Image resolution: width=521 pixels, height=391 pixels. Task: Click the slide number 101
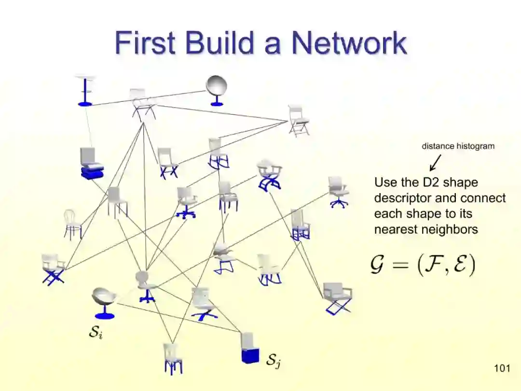tap(502, 369)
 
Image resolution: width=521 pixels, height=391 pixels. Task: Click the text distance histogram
tap(458, 146)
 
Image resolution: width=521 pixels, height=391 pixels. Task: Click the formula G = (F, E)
tap(423, 265)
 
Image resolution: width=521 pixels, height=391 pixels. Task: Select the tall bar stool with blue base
tap(85, 90)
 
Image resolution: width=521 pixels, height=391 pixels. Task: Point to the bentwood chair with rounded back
tap(72, 224)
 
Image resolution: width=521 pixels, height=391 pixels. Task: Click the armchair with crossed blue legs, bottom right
tap(337, 298)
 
